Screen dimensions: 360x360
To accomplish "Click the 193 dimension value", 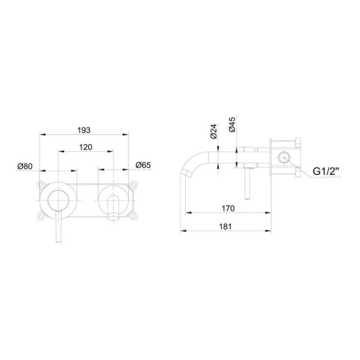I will [84, 130].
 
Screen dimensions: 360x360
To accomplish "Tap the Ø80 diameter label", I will [25, 166].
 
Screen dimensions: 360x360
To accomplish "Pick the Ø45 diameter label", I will [232, 124].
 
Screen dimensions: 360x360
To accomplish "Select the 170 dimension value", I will [229, 208].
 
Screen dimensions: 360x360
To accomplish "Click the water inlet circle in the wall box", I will [284, 157].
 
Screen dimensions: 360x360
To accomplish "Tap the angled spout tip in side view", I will [186, 173].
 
